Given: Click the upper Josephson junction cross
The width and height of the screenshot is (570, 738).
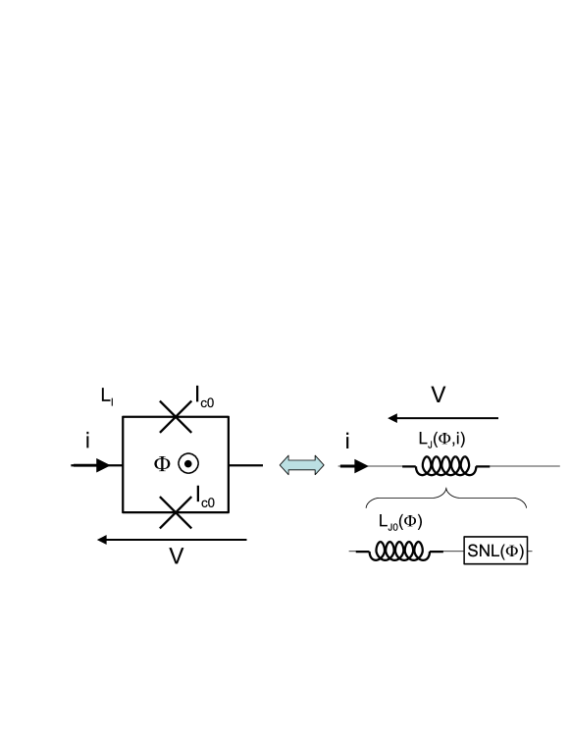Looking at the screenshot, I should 175,418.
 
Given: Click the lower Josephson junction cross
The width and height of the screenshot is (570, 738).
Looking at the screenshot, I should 175,512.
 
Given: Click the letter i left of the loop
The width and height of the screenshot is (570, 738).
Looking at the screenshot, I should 87,442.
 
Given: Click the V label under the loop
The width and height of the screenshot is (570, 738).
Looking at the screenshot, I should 177,556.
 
